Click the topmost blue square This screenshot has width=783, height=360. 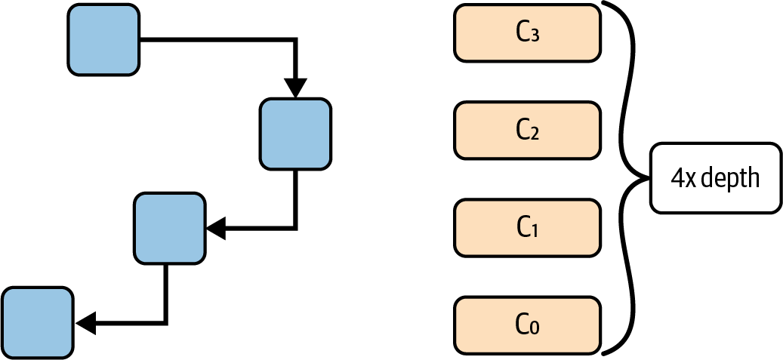(x=103, y=39)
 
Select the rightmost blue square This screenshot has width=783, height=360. (x=295, y=133)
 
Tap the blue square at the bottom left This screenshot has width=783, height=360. (x=38, y=322)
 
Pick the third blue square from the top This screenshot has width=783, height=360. (x=169, y=228)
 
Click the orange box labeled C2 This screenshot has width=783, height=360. (x=527, y=131)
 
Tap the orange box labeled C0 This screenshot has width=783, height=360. (x=527, y=325)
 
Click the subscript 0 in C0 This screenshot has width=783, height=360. (x=535, y=328)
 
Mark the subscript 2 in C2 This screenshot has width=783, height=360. (x=535, y=134)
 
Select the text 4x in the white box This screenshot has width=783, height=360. (x=684, y=178)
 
